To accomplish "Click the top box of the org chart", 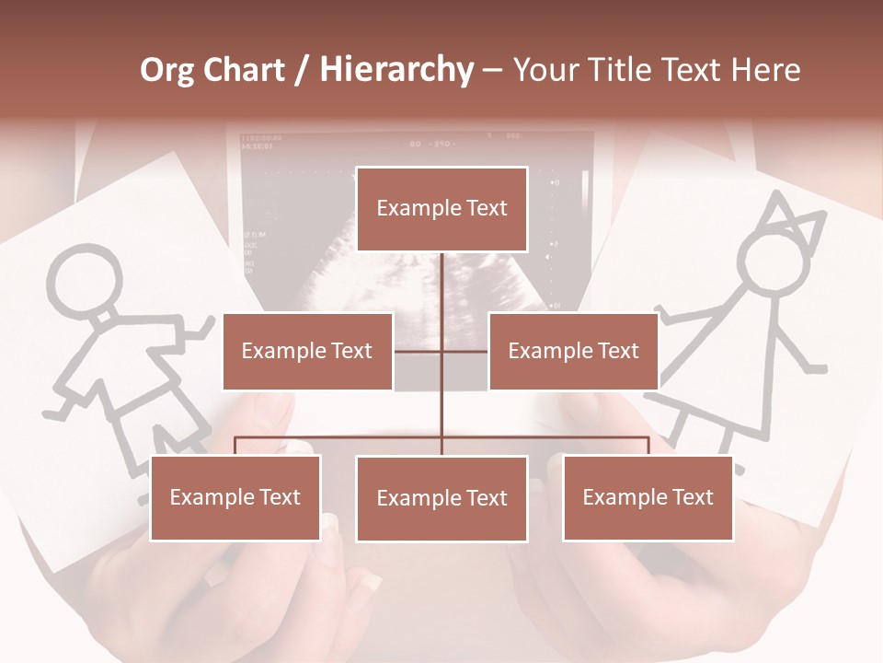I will [441, 209].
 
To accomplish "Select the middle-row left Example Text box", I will [307, 351].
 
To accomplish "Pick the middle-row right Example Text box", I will [573, 351].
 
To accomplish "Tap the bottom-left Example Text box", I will [235, 497].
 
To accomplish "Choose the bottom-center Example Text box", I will [441, 498].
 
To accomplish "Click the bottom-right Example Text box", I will [648, 497].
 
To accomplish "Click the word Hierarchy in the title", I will [396, 70].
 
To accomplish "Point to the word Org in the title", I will [167, 70].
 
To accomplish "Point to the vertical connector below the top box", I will [442, 285].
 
